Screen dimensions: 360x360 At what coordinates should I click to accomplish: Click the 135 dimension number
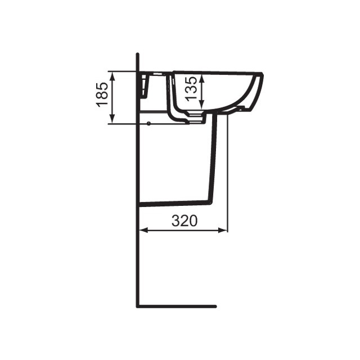click(192, 88)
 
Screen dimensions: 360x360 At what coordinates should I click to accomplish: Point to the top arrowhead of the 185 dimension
click(113, 74)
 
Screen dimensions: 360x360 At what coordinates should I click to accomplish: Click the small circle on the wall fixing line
click(148, 123)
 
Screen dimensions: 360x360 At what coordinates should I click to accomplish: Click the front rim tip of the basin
click(262, 74)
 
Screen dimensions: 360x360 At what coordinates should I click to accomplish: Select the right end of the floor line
click(215, 307)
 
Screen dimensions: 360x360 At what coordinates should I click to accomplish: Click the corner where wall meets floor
click(138, 307)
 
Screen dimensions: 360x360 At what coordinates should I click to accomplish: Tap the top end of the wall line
click(138, 53)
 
